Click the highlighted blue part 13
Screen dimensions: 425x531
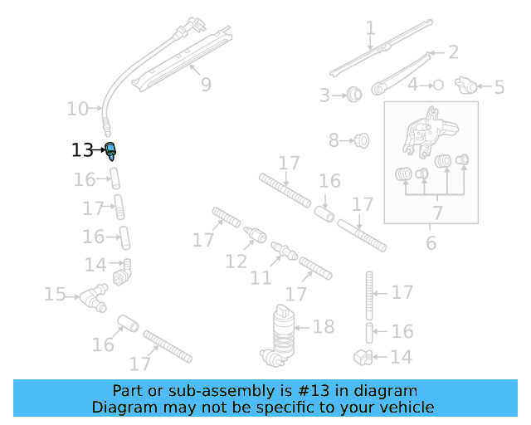click(110, 150)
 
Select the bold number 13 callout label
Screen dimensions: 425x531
click(83, 150)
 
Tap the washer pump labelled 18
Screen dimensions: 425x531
click(285, 335)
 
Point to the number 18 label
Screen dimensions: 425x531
click(323, 326)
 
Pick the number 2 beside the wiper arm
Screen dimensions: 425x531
click(453, 52)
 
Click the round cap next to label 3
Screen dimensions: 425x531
click(353, 94)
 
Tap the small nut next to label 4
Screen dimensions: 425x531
click(438, 85)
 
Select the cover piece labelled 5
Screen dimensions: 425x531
click(469, 85)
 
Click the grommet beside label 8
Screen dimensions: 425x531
click(361, 140)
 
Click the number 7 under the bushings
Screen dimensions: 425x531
click(437, 213)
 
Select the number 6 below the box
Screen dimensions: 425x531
click(431, 243)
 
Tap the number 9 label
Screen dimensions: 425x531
click(206, 85)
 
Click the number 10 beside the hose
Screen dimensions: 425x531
click(77, 108)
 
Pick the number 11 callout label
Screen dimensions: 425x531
click(261, 277)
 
